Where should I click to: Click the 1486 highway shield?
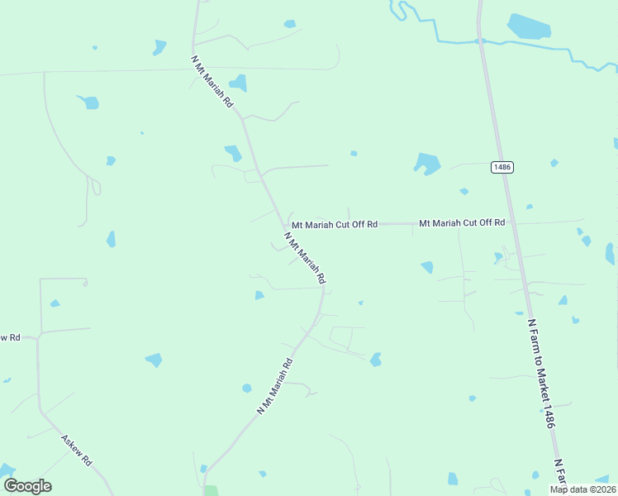[502, 167]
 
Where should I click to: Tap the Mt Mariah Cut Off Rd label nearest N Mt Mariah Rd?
[334, 224]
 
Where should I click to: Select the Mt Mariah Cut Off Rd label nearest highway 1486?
[461, 223]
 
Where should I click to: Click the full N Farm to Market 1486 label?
[541, 373]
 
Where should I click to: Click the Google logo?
[27, 486]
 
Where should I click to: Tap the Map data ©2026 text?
[582, 489]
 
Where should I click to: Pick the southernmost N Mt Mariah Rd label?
[275, 385]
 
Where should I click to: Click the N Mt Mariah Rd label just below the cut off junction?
[305, 259]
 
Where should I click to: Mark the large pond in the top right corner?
[529, 27]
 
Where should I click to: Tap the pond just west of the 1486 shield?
[427, 163]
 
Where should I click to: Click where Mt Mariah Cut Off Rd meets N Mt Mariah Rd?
[283, 224]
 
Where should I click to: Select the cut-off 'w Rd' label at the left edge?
[9, 337]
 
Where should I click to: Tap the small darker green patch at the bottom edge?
[212, 491]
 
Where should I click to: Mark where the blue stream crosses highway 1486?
[480, 40]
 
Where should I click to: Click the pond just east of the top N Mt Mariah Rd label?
[238, 83]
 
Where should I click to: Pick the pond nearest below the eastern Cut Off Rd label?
[427, 267]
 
